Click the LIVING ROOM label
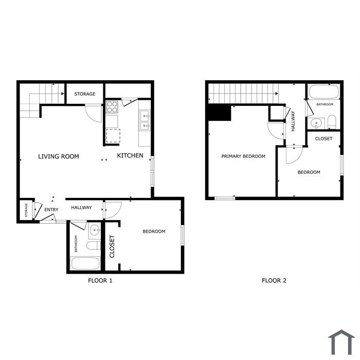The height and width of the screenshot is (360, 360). [59, 156]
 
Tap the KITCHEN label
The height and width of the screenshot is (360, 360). [130, 156]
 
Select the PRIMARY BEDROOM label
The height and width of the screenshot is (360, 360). [243, 156]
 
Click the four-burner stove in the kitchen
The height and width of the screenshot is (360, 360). [112, 107]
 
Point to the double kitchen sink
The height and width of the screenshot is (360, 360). [145, 120]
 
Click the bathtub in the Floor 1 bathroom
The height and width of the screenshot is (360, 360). [85, 263]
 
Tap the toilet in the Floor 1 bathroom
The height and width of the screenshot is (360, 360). [94, 245]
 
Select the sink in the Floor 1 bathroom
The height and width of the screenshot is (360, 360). [95, 230]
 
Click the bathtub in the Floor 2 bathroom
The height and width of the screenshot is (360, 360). [323, 92]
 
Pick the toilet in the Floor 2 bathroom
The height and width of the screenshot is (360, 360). [332, 122]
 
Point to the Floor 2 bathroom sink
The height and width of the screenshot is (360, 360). [317, 123]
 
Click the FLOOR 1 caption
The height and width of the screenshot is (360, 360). [100, 280]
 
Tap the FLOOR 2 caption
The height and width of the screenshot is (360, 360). [274, 280]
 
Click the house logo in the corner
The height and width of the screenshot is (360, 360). [341, 342]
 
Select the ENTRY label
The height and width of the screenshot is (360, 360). [51, 210]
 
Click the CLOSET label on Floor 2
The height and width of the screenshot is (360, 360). [323, 139]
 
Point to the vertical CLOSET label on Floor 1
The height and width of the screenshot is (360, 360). [112, 246]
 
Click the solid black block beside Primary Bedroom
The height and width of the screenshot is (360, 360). [219, 113]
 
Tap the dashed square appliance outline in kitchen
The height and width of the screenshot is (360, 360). [113, 136]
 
